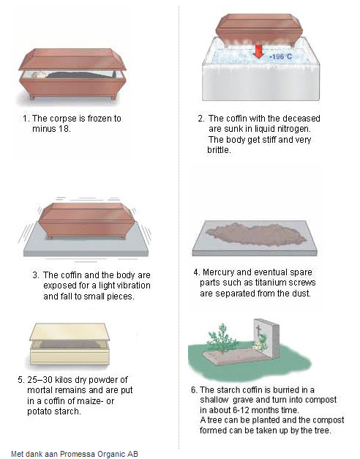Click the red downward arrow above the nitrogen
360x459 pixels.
(x=258, y=51)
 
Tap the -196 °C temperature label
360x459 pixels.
(x=281, y=56)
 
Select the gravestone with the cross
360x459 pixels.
(x=266, y=338)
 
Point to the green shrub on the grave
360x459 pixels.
(x=222, y=337)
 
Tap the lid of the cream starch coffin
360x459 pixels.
(x=70, y=332)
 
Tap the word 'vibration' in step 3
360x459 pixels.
(x=133, y=286)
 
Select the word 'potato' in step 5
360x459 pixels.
(x=40, y=411)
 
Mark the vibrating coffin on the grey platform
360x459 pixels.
(x=86, y=220)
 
